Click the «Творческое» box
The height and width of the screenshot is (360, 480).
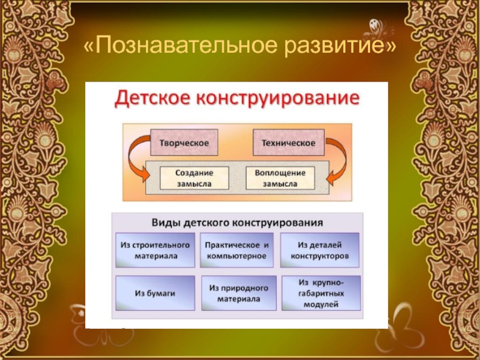coord(184,143)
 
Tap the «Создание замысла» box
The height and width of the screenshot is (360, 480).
coord(194,178)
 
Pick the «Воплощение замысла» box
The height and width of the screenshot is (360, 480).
coord(280,178)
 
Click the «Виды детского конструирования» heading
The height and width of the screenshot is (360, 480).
coord(236,222)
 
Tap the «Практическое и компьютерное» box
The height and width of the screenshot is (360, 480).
coord(237,251)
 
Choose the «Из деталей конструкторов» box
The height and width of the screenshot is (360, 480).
coord(320,251)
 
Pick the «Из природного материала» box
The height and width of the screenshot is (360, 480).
coord(239,293)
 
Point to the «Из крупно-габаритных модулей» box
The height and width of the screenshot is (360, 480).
coord(320,293)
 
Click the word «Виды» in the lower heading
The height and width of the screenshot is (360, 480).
coord(163,222)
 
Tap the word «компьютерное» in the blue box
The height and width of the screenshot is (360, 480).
coord(237,256)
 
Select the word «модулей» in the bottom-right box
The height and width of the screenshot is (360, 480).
coord(320,304)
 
